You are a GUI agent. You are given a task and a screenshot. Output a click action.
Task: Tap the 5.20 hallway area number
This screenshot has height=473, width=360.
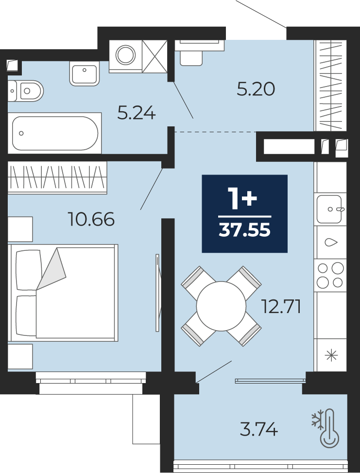pos(256,89)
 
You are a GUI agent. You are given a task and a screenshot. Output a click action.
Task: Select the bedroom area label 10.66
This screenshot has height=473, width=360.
pos(91,219)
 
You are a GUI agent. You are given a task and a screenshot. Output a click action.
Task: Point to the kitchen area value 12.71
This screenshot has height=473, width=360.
pos(281,307)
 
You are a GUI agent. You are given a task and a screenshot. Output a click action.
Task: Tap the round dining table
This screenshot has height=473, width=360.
pos(222,306)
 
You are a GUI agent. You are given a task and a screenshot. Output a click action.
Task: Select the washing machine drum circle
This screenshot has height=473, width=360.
pos(125,55)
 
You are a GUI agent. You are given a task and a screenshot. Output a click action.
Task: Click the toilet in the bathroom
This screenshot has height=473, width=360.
pos(25,91)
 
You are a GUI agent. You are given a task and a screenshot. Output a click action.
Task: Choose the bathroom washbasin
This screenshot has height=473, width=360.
pos(85,73)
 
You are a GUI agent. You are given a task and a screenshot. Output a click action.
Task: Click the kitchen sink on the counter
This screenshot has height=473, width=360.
pos(330,209)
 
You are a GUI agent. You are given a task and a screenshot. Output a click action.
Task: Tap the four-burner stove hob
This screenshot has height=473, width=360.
pos(330,275)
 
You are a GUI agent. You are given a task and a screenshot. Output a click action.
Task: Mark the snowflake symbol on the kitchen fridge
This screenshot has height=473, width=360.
pos(331,355)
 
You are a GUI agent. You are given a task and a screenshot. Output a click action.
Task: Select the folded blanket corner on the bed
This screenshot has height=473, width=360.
pos(51,269)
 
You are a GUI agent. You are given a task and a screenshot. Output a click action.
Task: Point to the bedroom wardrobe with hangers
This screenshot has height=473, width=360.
pos(57,177)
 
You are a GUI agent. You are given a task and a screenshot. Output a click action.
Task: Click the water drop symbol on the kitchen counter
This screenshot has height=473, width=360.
pos(331,242)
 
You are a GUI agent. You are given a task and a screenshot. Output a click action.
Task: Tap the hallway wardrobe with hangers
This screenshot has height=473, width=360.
pos(330,86)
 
